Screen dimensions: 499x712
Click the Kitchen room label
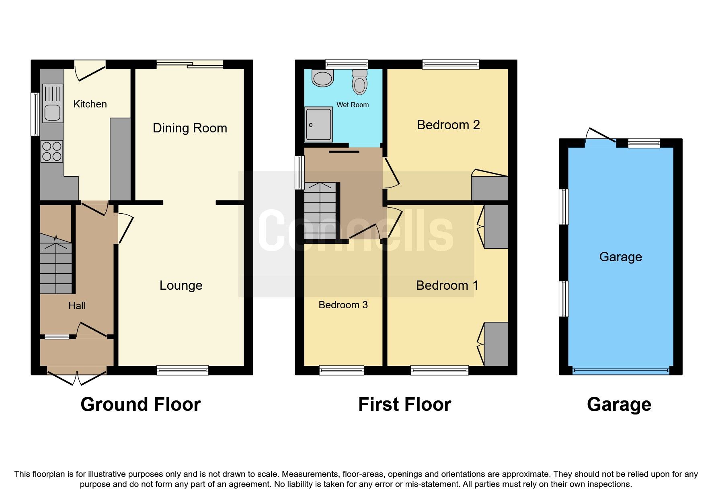90,104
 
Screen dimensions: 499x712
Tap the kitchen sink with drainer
53,103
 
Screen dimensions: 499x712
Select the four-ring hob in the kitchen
52,151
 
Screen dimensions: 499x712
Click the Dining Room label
190,128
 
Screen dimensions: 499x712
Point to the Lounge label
181,285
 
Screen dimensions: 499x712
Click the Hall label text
77,306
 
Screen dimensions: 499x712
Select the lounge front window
183,370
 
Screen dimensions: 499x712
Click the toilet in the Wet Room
359,82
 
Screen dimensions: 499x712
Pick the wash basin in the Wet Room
323,78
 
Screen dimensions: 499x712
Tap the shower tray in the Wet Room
319,124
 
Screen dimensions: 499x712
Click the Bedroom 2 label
448,125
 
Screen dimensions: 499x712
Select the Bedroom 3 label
343,305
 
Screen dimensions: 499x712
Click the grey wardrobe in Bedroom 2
490,188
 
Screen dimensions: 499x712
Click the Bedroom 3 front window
341,370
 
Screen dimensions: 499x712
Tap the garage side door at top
600,137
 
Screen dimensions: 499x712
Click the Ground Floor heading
141,404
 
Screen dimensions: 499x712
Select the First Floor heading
404,404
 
